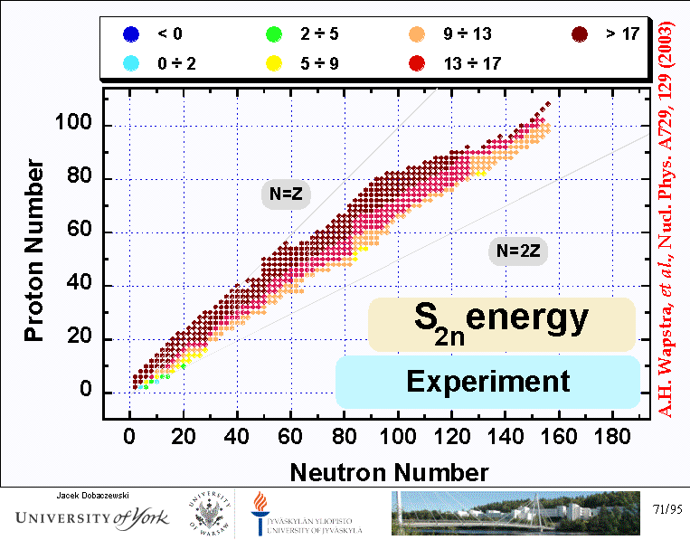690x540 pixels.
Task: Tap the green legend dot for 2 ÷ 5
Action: pyautogui.click(x=271, y=35)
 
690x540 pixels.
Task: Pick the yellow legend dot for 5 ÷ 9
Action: pyautogui.click(x=271, y=63)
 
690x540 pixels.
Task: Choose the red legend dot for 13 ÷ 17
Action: pyautogui.click(x=417, y=63)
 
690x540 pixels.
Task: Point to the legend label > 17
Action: pyautogui.click(x=621, y=35)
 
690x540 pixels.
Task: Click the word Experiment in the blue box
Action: pyautogui.click(x=488, y=382)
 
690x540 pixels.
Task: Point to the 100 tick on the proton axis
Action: pyautogui.click(x=79, y=124)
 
